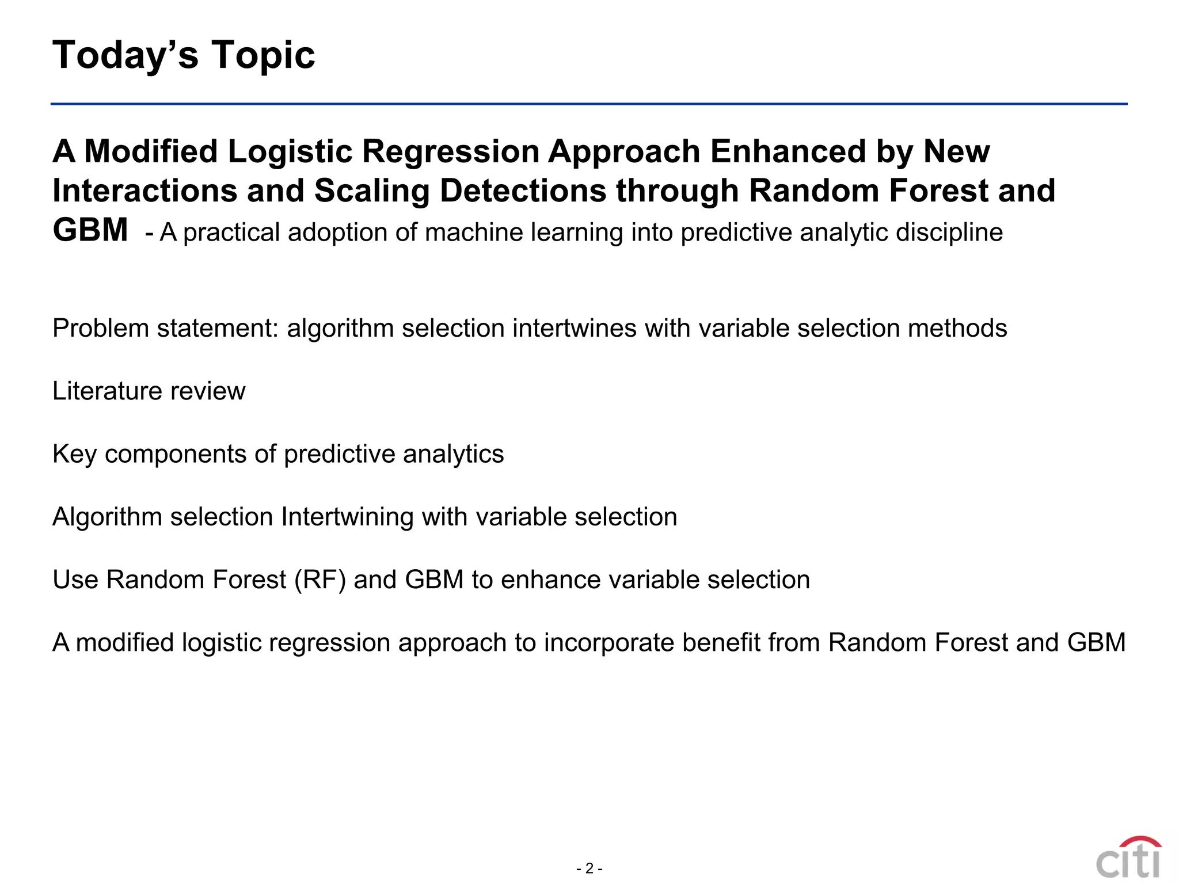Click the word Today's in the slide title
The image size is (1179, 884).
125,55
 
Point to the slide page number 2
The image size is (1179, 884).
589,868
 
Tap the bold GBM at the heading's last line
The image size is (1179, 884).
90,230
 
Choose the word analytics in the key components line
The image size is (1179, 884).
453,454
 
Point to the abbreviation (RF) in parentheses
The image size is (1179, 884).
320,580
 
